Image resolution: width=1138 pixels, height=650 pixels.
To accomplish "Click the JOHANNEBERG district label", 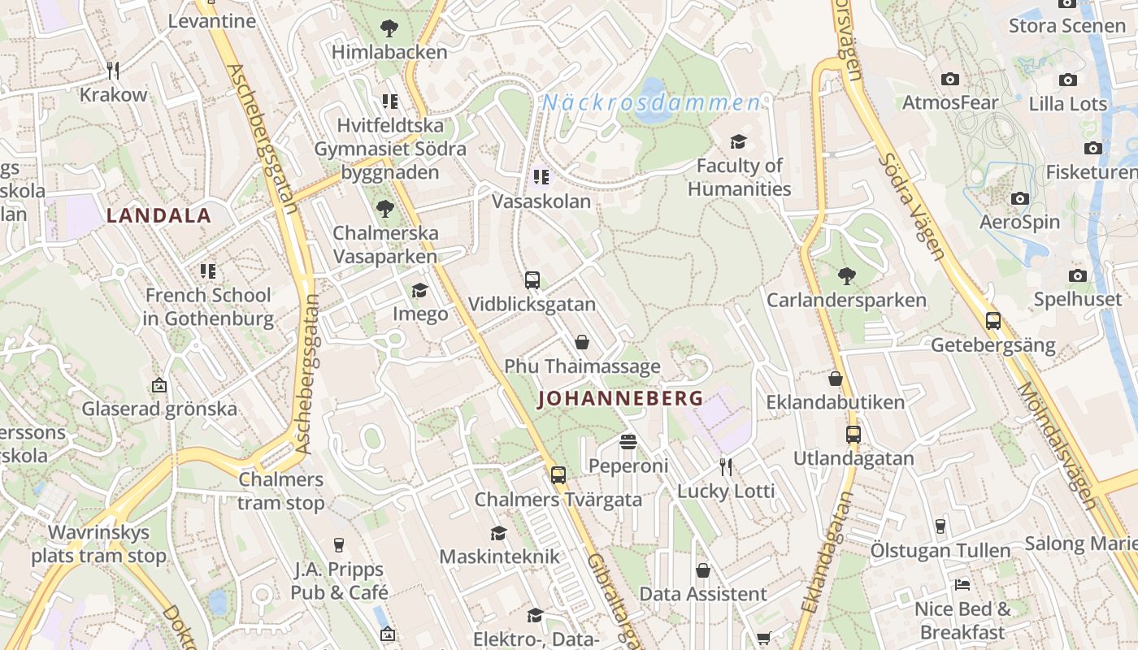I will (620, 399).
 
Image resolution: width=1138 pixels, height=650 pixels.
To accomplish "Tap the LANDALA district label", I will (159, 216).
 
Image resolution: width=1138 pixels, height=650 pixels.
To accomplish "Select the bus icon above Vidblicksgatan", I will (532, 280).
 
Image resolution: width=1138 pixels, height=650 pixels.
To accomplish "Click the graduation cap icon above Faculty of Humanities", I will (738, 142).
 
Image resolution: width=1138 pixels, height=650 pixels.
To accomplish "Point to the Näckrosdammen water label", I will (651, 103).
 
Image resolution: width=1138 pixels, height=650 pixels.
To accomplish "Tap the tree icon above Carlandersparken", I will (846, 275).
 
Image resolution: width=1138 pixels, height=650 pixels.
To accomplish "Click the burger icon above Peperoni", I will (628, 442).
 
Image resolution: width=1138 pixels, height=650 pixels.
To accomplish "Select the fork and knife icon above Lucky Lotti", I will (726, 466).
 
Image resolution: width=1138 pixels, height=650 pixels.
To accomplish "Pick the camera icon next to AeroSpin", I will (1019, 198).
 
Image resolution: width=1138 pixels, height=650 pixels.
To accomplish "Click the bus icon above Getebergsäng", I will (992, 321).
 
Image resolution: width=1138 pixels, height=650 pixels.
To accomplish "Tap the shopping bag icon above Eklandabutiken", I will (835, 379).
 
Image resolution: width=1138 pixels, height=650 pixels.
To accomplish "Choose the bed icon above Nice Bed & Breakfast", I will (962, 584).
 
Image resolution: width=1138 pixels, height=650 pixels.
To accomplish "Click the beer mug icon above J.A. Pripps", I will (339, 545).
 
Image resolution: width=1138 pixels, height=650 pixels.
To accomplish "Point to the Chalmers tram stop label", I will (281, 492).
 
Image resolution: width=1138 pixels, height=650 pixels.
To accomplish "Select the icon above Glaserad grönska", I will (159, 385).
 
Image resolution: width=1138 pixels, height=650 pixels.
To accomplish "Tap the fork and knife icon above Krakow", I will (113, 71).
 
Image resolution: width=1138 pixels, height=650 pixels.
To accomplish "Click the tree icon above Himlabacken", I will (389, 28).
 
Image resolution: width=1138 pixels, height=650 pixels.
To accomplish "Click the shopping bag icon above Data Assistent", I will (703, 570).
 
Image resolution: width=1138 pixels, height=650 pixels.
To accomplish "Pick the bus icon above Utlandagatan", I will (853, 435).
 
